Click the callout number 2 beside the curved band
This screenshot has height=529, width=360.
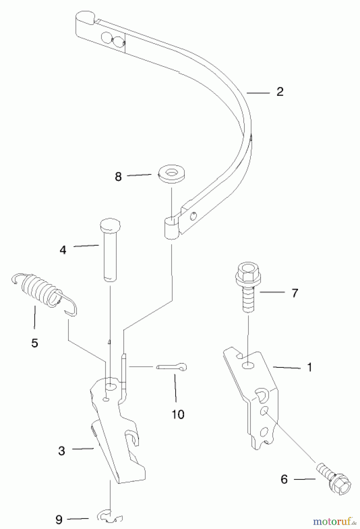(280, 92)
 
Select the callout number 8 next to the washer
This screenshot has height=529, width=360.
(118, 177)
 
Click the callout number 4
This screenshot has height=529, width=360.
(63, 250)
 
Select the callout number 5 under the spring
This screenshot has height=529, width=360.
(35, 343)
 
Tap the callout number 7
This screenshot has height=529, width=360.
(295, 293)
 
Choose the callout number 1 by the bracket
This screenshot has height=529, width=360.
(309, 367)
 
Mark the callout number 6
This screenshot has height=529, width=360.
(284, 479)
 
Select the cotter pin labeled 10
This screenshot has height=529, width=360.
(172, 367)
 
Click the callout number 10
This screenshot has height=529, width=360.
(178, 414)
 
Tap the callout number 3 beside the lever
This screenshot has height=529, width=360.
(62, 451)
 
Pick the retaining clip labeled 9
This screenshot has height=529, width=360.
(109, 517)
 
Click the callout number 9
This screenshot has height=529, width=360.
(59, 520)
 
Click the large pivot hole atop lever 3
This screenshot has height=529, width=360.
(111, 387)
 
